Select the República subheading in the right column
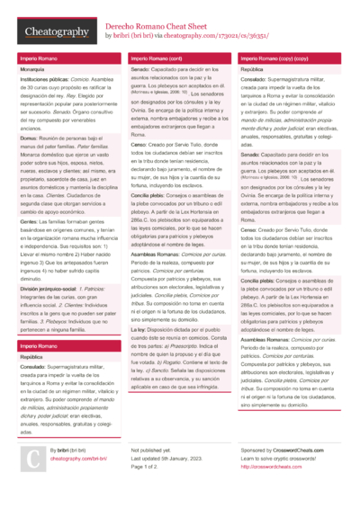click(252, 69)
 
